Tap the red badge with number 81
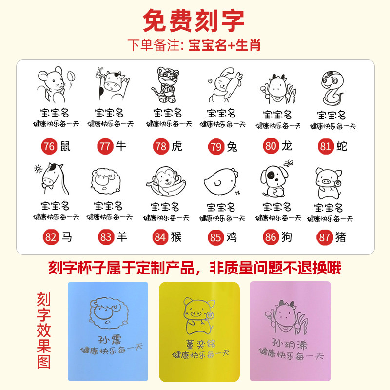[x=325, y=146]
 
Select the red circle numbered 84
[x=160, y=237]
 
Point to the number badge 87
[x=325, y=237]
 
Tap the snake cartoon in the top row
[x=331, y=88]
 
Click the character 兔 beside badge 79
[x=232, y=146]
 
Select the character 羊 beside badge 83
[x=121, y=237]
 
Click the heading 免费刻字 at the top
[x=194, y=20]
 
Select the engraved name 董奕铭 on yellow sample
[x=199, y=344]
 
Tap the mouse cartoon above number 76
[x=54, y=85]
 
